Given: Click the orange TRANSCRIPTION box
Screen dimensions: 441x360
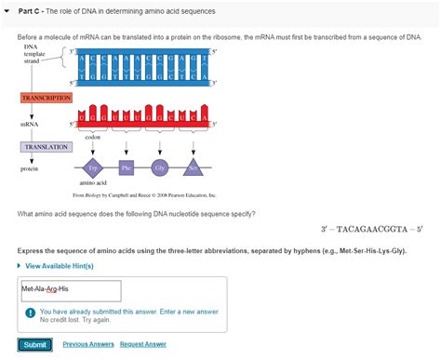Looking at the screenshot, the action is point(46,98).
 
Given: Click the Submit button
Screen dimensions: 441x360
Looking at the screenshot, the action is point(34,344).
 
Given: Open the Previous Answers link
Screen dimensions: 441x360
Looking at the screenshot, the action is point(88,344).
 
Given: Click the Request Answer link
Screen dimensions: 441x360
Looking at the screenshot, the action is point(142,344).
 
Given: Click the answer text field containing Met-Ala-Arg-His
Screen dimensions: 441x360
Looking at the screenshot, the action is point(70,289).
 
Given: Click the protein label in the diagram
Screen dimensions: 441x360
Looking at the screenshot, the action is point(30,168).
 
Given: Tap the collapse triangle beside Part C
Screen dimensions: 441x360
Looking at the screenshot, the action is point(7,11).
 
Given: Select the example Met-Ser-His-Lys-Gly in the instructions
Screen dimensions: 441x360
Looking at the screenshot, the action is point(367,251).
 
